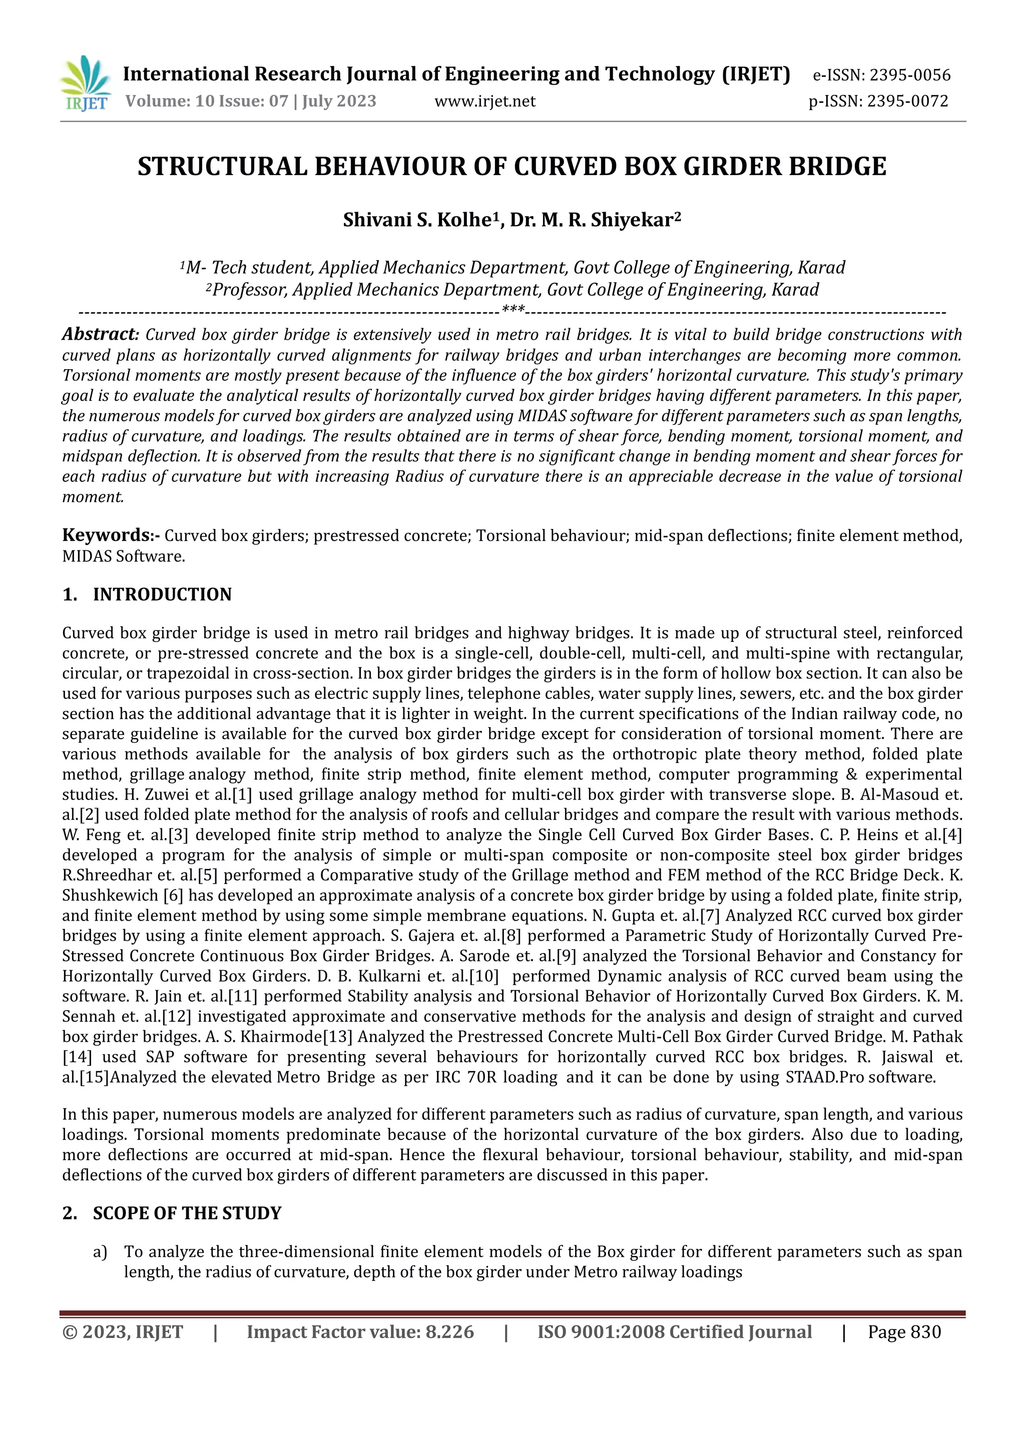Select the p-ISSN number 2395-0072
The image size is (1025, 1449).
907,101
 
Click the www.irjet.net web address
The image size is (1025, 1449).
485,101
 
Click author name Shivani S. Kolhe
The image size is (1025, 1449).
416,220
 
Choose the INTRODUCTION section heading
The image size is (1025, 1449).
162,594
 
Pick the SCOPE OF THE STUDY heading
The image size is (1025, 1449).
187,1213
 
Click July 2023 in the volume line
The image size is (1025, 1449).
339,101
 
